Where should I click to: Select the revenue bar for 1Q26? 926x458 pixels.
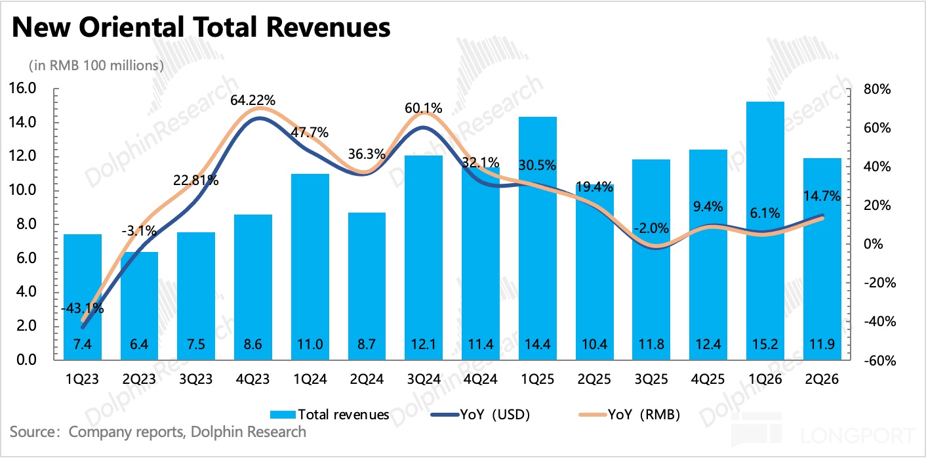tap(765, 230)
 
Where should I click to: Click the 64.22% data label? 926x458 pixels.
tap(253, 100)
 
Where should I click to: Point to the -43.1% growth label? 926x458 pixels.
tap(81, 308)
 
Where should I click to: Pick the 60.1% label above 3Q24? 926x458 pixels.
tap(423, 108)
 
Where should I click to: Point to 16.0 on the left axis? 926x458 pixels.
tap(24, 88)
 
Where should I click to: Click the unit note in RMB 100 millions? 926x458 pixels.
tap(96, 65)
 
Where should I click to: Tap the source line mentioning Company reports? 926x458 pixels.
tap(158, 431)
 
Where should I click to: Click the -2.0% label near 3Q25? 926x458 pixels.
tap(651, 228)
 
